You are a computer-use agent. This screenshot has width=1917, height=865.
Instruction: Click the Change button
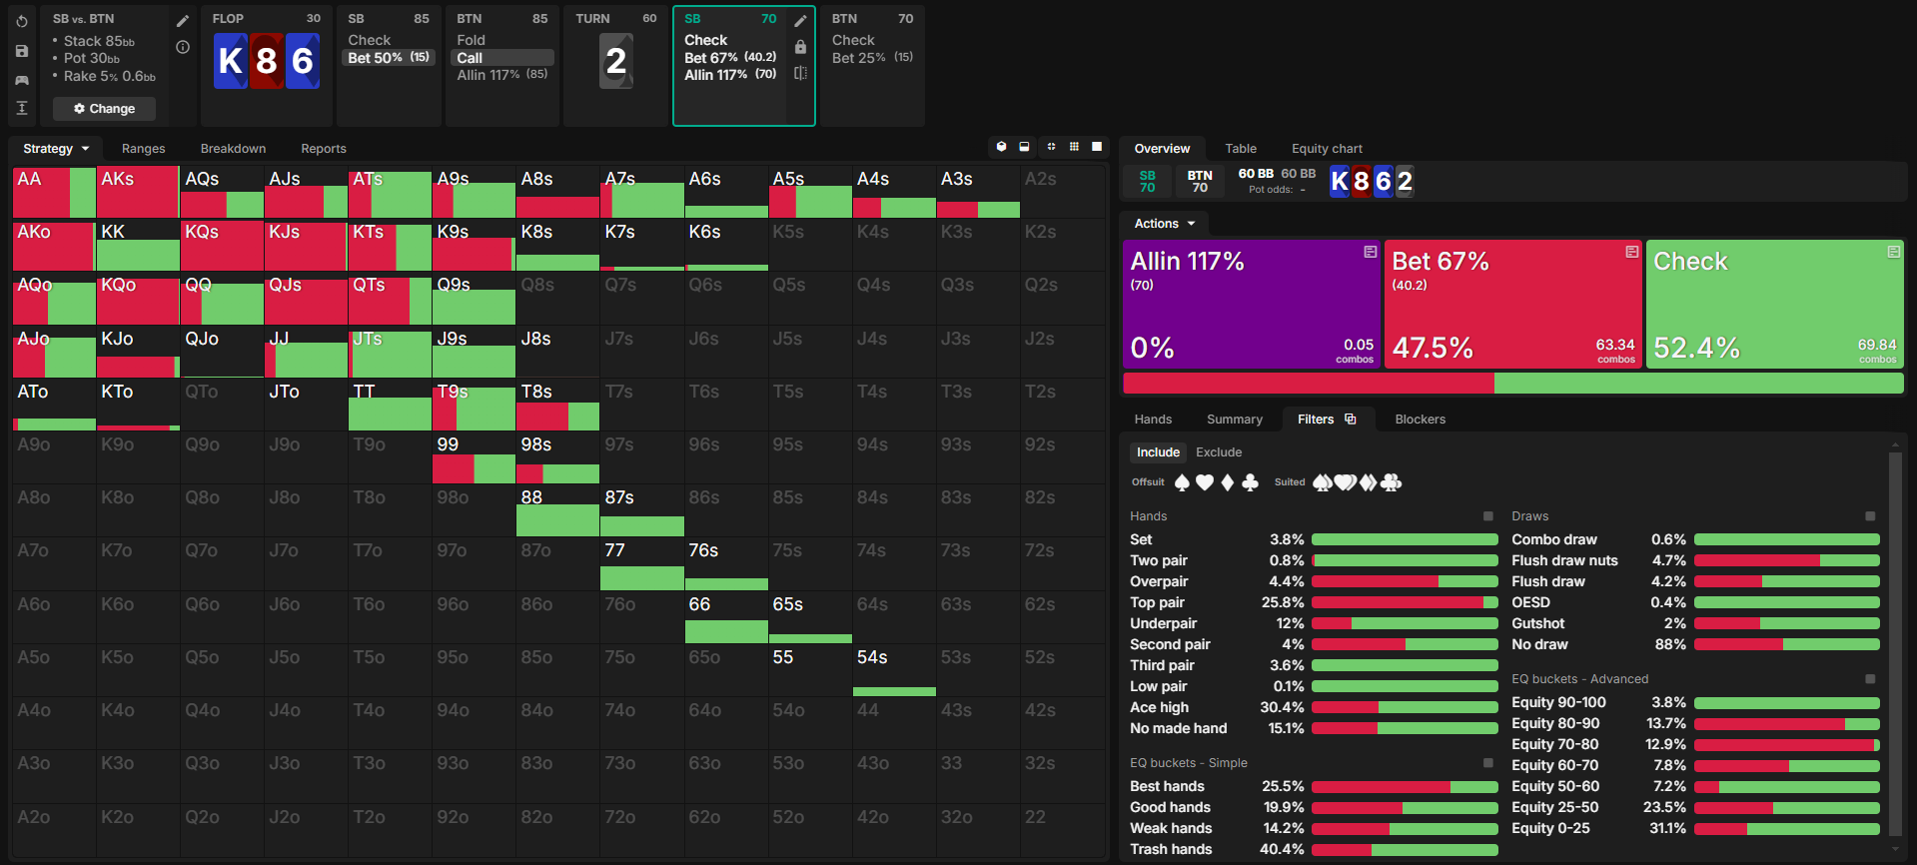[104, 109]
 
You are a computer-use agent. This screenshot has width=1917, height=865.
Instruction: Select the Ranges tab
[143, 149]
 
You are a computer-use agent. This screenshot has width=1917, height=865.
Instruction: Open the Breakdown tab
[233, 149]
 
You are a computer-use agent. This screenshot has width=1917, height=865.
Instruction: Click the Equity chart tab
[1326, 149]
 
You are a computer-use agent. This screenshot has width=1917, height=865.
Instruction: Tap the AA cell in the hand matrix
[54, 193]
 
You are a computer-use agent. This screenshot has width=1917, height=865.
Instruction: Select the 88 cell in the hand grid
[557, 510]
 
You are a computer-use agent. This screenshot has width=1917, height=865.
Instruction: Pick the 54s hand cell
[893, 670]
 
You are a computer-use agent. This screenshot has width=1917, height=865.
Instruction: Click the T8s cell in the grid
[557, 405]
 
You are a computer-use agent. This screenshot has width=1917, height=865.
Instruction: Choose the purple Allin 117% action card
[1251, 304]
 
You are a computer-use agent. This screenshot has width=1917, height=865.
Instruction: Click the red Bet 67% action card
[1512, 304]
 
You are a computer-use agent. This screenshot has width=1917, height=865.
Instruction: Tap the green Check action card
[1774, 304]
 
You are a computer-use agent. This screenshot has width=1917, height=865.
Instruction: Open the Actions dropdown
[1164, 224]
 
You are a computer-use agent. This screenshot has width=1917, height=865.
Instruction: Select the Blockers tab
[1420, 420]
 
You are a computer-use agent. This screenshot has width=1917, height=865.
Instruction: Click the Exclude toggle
[1219, 452]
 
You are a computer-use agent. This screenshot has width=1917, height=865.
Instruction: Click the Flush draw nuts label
[1563, 560]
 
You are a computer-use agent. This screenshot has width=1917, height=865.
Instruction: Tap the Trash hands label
[1170, 849]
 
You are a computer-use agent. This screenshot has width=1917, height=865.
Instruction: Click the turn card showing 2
[616, 61]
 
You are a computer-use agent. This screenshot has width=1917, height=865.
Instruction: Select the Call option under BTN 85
[471, 58]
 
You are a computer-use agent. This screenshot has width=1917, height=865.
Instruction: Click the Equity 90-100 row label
[1557, 702]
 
